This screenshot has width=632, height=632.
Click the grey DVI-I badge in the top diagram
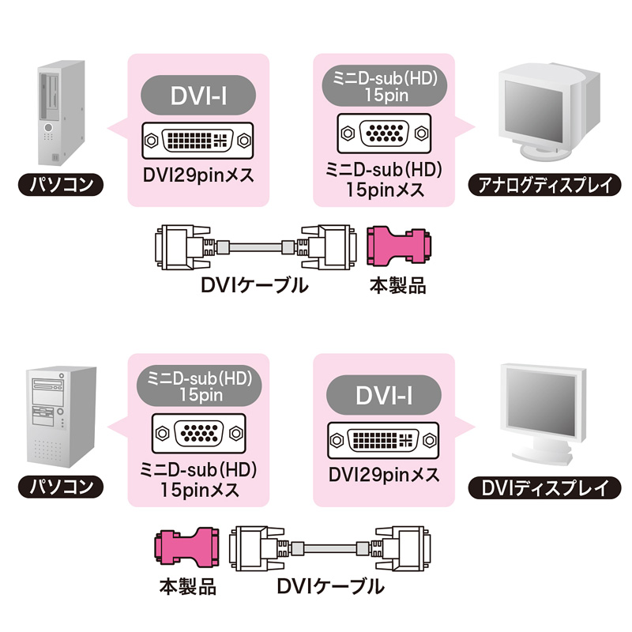pos(198,96)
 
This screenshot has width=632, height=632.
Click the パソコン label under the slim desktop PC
pos(60,186)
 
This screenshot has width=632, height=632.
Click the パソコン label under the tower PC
pos(60,484)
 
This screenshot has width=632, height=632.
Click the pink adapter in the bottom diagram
pos(187,547)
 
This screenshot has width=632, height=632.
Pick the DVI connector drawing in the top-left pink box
pos(198,140)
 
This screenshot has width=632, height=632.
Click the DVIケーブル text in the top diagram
pos(254,285)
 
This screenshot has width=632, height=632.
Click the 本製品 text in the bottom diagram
pos(187,587)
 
